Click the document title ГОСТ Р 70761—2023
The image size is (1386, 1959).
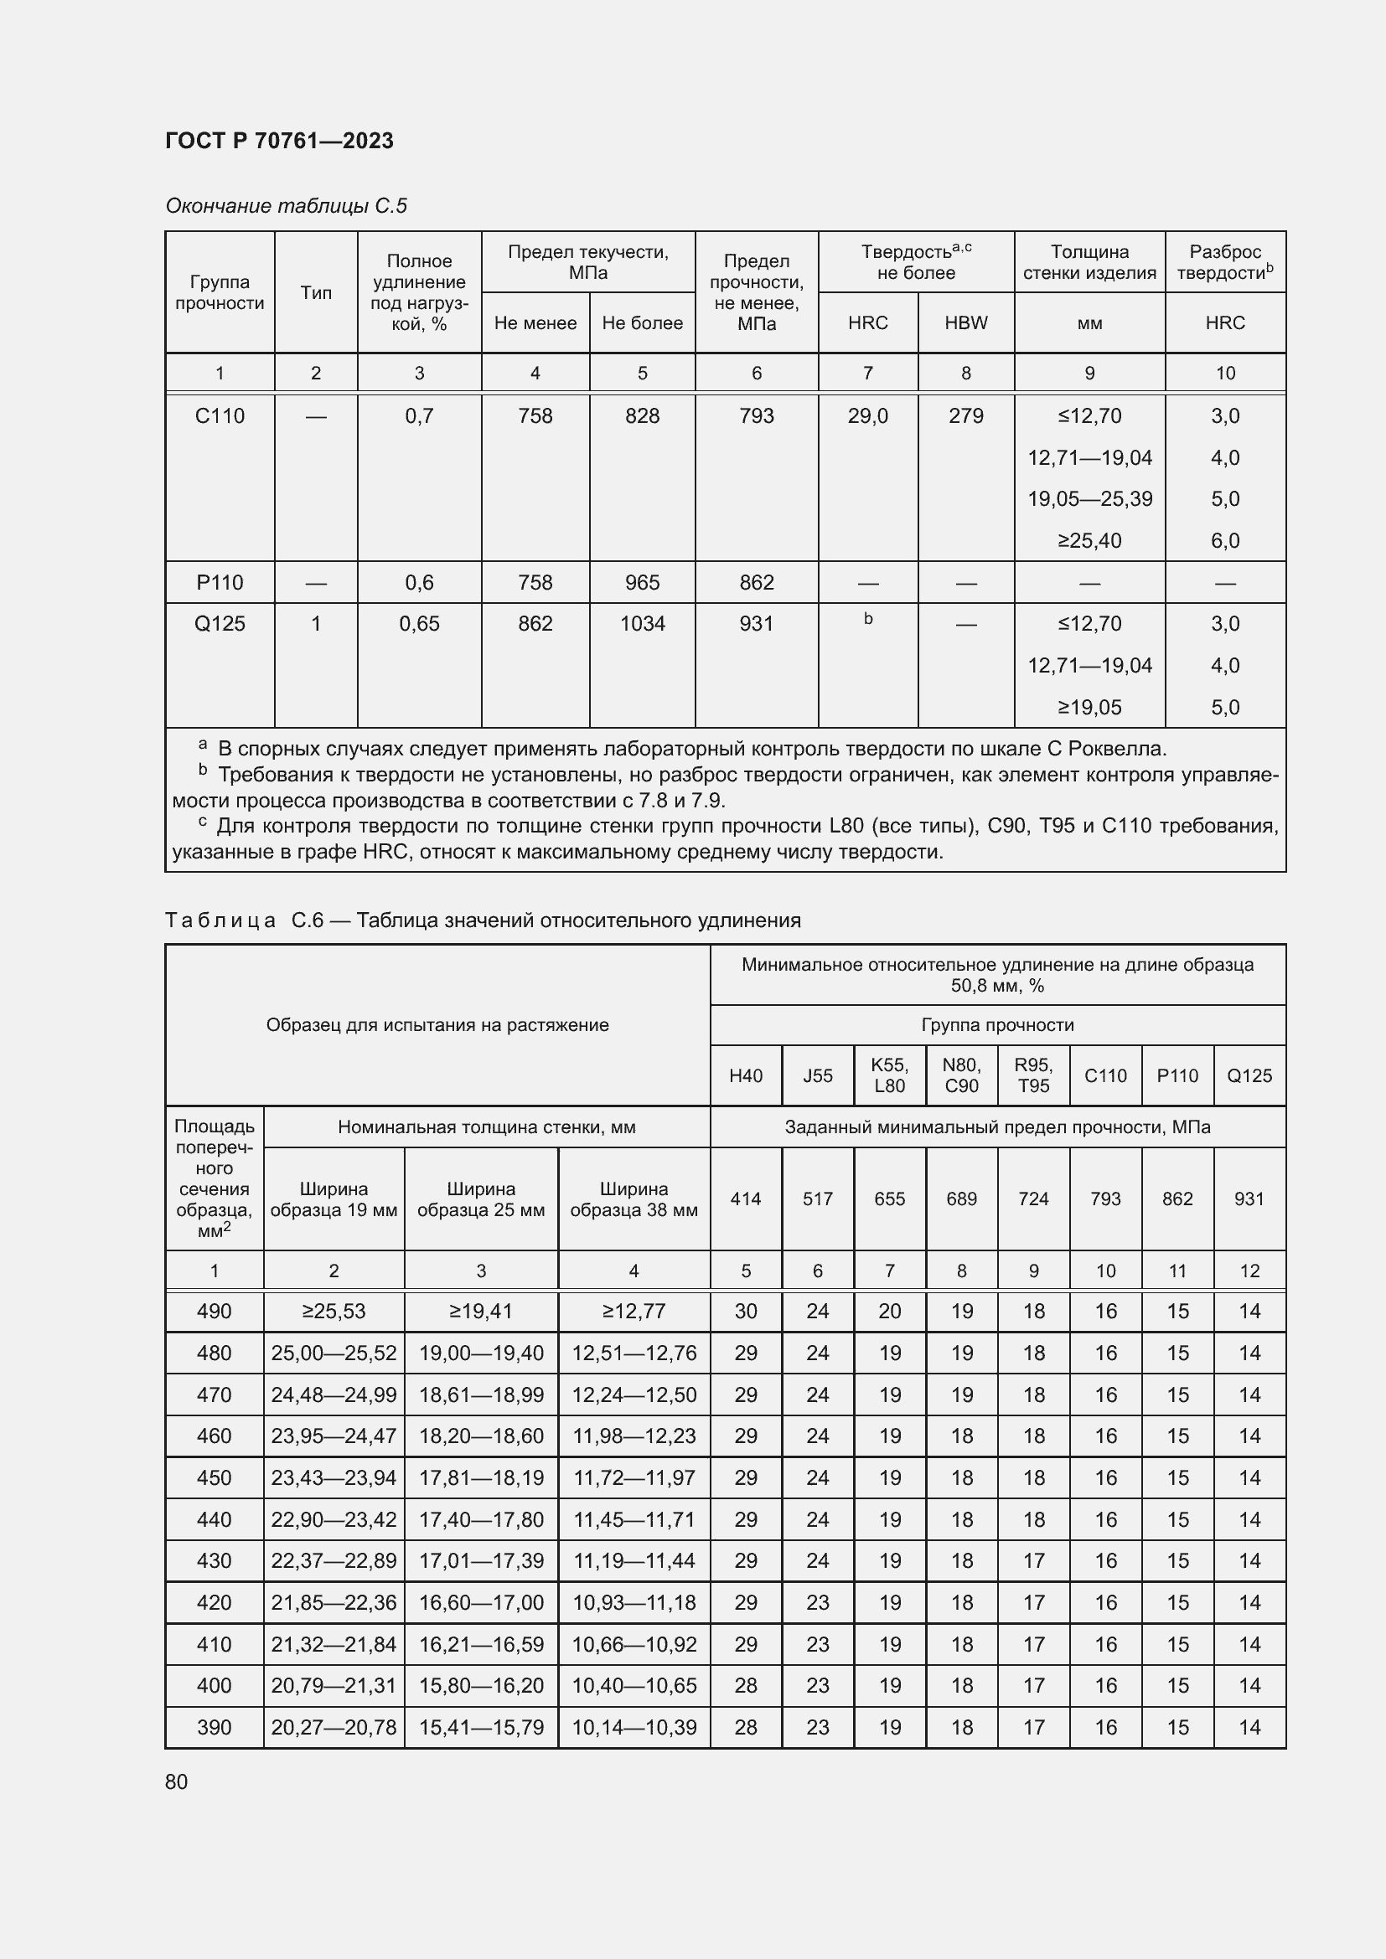point(279,141)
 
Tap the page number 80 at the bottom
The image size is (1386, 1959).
point(177,1781)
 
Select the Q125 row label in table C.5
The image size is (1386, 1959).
point(220,624)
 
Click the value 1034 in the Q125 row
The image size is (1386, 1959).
point(642,624)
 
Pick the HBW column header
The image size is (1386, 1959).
point(965,322)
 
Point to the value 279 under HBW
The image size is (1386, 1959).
point(965,415)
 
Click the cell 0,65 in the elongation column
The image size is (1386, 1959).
point(419,624)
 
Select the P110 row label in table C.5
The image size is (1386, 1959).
point(220,582)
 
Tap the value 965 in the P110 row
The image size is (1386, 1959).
point(642,582)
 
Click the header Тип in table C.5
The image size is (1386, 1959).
point(316,292)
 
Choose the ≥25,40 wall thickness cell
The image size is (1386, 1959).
point(1089,540)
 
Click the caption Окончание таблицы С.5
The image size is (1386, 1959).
point(286,206)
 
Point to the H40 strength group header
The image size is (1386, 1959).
point(745,1075)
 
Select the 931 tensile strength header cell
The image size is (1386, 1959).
point(1249,1199)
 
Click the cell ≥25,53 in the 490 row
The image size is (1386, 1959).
point(334,1312)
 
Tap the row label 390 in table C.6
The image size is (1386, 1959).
point(215,1727)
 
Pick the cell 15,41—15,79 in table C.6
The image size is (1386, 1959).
point(480,1727)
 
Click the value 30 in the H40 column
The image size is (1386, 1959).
point(745,1312)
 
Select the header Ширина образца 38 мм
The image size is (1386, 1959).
point(634,1199)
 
